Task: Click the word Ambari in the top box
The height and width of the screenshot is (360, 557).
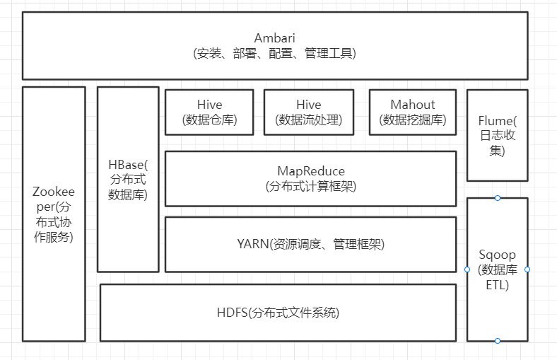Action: (x=274, y=38)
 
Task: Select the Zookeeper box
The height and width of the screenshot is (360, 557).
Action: (x=54, y=214)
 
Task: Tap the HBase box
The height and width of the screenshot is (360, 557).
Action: (x=128, y=179)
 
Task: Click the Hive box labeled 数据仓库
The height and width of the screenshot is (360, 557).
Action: (x=209, y=112)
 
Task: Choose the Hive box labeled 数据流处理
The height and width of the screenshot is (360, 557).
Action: (x=308, y=112)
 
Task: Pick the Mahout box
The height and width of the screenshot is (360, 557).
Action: (x=413, y=112)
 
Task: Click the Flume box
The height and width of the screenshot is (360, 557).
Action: (x=497, y=135)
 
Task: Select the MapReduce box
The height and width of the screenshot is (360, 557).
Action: (x=310, y=178)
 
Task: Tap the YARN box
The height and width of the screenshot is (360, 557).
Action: (x=310, y=244)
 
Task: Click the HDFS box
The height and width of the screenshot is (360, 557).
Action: (x=278, y=312)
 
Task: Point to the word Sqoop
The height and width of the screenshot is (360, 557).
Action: (x=498, y=255)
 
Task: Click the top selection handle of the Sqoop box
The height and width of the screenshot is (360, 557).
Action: (x=498, y=198)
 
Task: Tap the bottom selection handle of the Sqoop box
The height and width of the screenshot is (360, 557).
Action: (x=498, y=341)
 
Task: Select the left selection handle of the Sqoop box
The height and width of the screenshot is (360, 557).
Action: (x=467, y=269)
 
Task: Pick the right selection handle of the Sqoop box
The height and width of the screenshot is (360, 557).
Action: (x=527, y=269)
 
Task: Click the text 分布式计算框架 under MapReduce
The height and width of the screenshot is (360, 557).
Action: (x=310, y=187)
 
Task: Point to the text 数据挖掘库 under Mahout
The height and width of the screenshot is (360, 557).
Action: (x=413, y=120)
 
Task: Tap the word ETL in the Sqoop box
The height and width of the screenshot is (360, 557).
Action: (x=498, y=285)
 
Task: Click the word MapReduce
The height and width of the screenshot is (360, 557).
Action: (x=310, y=171)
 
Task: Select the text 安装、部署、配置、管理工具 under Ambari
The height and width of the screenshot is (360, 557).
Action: (x=274, y=53)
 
